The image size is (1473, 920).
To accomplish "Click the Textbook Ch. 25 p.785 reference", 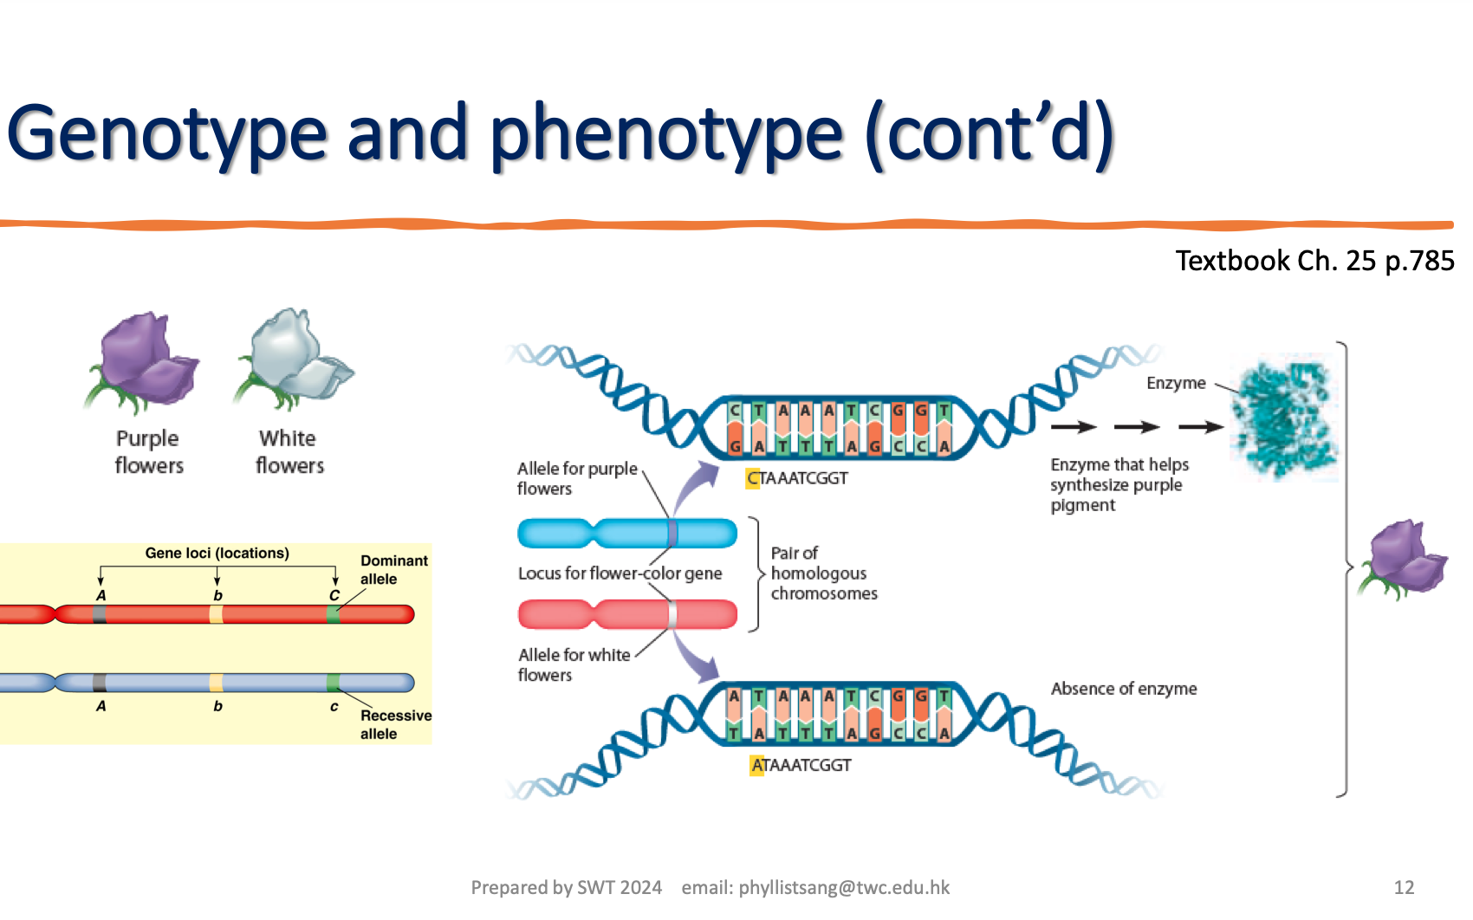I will [1314, 261].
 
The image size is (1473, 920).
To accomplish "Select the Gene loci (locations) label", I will [217, 553].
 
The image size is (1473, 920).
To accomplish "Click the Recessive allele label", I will [394, 724].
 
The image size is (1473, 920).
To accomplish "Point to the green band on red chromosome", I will [334, 614].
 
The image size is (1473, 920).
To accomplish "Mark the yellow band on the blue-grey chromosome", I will [217, 683].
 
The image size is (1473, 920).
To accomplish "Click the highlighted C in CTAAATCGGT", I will [752, 478].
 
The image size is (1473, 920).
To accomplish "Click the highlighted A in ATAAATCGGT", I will [756, 766].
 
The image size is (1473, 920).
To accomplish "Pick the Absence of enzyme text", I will [1123, 689].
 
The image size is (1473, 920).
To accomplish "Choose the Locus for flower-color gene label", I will [619, 573].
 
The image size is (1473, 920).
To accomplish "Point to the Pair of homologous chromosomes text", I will [823, 573].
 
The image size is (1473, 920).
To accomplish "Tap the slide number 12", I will [1404, 887].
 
